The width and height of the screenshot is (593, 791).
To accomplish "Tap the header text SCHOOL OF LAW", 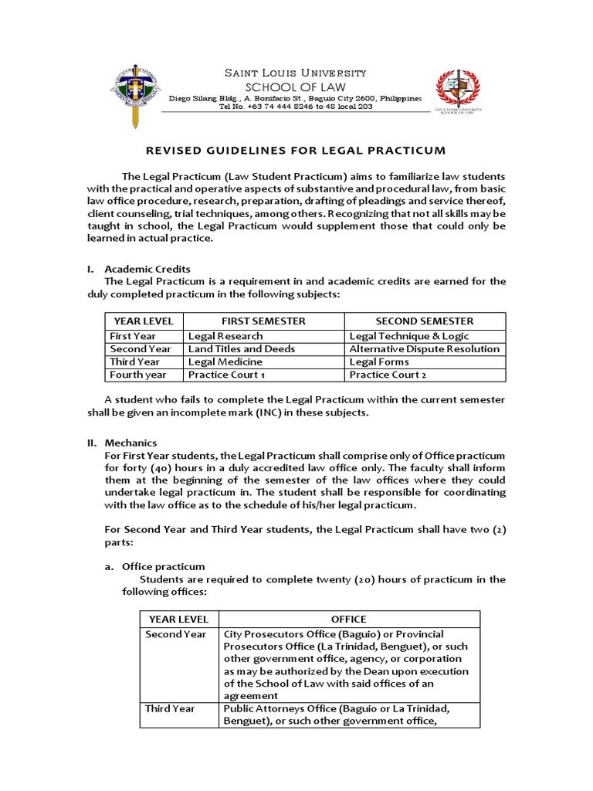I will tap(295, 87).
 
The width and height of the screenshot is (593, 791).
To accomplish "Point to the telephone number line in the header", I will tap(296, 107).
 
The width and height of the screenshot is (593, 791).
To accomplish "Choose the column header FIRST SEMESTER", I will tap(263, 321).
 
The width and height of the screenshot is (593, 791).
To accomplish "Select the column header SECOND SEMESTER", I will tap(424, 321).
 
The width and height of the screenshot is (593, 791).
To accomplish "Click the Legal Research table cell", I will tap(225, 336).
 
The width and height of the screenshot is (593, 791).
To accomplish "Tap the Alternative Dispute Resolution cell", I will tap(424, 349).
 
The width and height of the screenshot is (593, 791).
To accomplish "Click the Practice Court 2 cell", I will tap(388, 375).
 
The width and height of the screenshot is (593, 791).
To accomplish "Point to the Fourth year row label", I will tap(137, 375).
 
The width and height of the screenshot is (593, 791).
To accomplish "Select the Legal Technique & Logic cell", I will tap(408, 336).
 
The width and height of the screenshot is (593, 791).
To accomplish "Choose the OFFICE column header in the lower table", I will tap(348, 619).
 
